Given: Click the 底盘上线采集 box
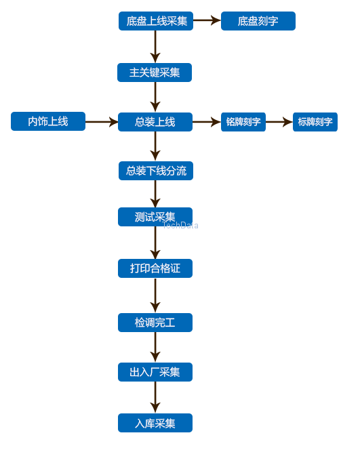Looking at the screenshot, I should pos(156,21).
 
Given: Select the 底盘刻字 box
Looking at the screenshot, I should pos(258,21).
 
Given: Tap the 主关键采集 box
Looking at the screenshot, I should pos(155,73).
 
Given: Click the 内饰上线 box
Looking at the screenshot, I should pos(48,121).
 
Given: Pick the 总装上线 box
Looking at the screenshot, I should pos(155,122).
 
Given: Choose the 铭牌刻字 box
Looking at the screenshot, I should pos(243,122).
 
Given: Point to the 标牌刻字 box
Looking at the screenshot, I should pos(315,122).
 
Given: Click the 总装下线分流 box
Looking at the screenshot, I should pos(156,171).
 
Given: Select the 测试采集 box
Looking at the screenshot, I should pos(155,217).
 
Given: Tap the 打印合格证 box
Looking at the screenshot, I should pos(155,268).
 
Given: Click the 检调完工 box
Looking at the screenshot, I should pos(155,323).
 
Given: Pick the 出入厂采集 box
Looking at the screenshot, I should pos(155,372).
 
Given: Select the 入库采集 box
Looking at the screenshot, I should pos(155,423).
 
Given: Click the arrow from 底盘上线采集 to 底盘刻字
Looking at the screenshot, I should pos(207,20).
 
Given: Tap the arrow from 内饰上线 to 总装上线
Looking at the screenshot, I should pos(102,122).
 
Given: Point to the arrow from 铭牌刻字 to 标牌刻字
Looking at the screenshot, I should pos(279,122).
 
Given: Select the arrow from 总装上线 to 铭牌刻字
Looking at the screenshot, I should pos(207,122).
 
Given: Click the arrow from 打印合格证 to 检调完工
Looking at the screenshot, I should pos(155,295).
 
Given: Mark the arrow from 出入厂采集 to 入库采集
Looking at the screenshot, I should pos(155,397).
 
